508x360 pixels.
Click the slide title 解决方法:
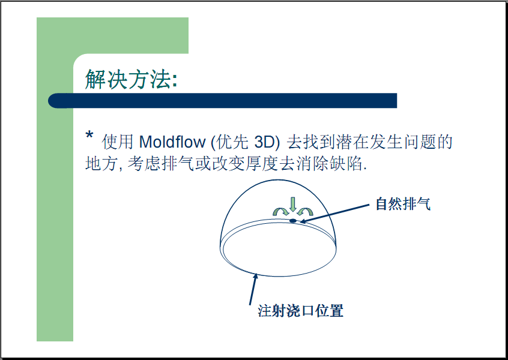132,79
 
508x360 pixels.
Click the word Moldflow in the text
172,142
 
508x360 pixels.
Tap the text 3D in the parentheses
264,142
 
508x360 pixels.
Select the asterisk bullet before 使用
89,134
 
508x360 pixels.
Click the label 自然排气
403,204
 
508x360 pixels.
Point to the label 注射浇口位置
301,311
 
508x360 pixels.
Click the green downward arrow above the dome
293,204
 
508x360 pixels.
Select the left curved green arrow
280,211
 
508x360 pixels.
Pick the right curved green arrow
305,212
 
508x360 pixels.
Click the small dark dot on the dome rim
293,221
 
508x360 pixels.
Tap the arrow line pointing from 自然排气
334,214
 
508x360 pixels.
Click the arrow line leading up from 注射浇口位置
253,289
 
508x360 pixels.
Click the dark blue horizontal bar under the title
223,101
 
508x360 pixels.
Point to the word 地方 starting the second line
101,163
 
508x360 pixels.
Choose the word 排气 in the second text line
178,163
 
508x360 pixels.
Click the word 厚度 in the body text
262,163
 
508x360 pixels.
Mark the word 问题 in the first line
420,142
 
